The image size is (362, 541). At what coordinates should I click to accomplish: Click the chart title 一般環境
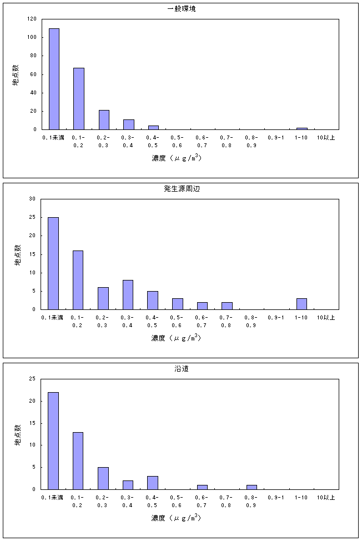point(181,9)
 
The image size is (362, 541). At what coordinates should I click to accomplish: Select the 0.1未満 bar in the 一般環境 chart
point(54,79)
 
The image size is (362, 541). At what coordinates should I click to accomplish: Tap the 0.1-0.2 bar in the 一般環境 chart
point(79,99)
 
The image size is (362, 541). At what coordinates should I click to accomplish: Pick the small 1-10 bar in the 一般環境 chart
point(301,128)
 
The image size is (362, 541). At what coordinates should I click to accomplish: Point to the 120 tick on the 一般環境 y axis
point(32,19)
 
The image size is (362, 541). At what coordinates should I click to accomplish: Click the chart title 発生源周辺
point(181,189)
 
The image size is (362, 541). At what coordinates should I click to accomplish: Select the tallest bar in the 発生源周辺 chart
point(53,263)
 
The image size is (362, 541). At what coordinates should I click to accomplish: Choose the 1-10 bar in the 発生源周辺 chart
point(301,304)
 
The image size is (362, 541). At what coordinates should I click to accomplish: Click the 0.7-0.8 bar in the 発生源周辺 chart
point(227,305)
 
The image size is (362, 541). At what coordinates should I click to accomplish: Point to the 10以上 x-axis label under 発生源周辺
point(326,317)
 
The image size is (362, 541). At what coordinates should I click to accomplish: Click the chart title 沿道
point(181,369)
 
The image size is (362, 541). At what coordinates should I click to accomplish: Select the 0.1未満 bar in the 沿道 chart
point(53,440)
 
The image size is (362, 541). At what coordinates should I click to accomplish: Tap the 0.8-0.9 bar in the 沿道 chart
point(252,487)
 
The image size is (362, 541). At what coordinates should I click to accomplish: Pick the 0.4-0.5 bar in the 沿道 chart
point(153,483)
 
